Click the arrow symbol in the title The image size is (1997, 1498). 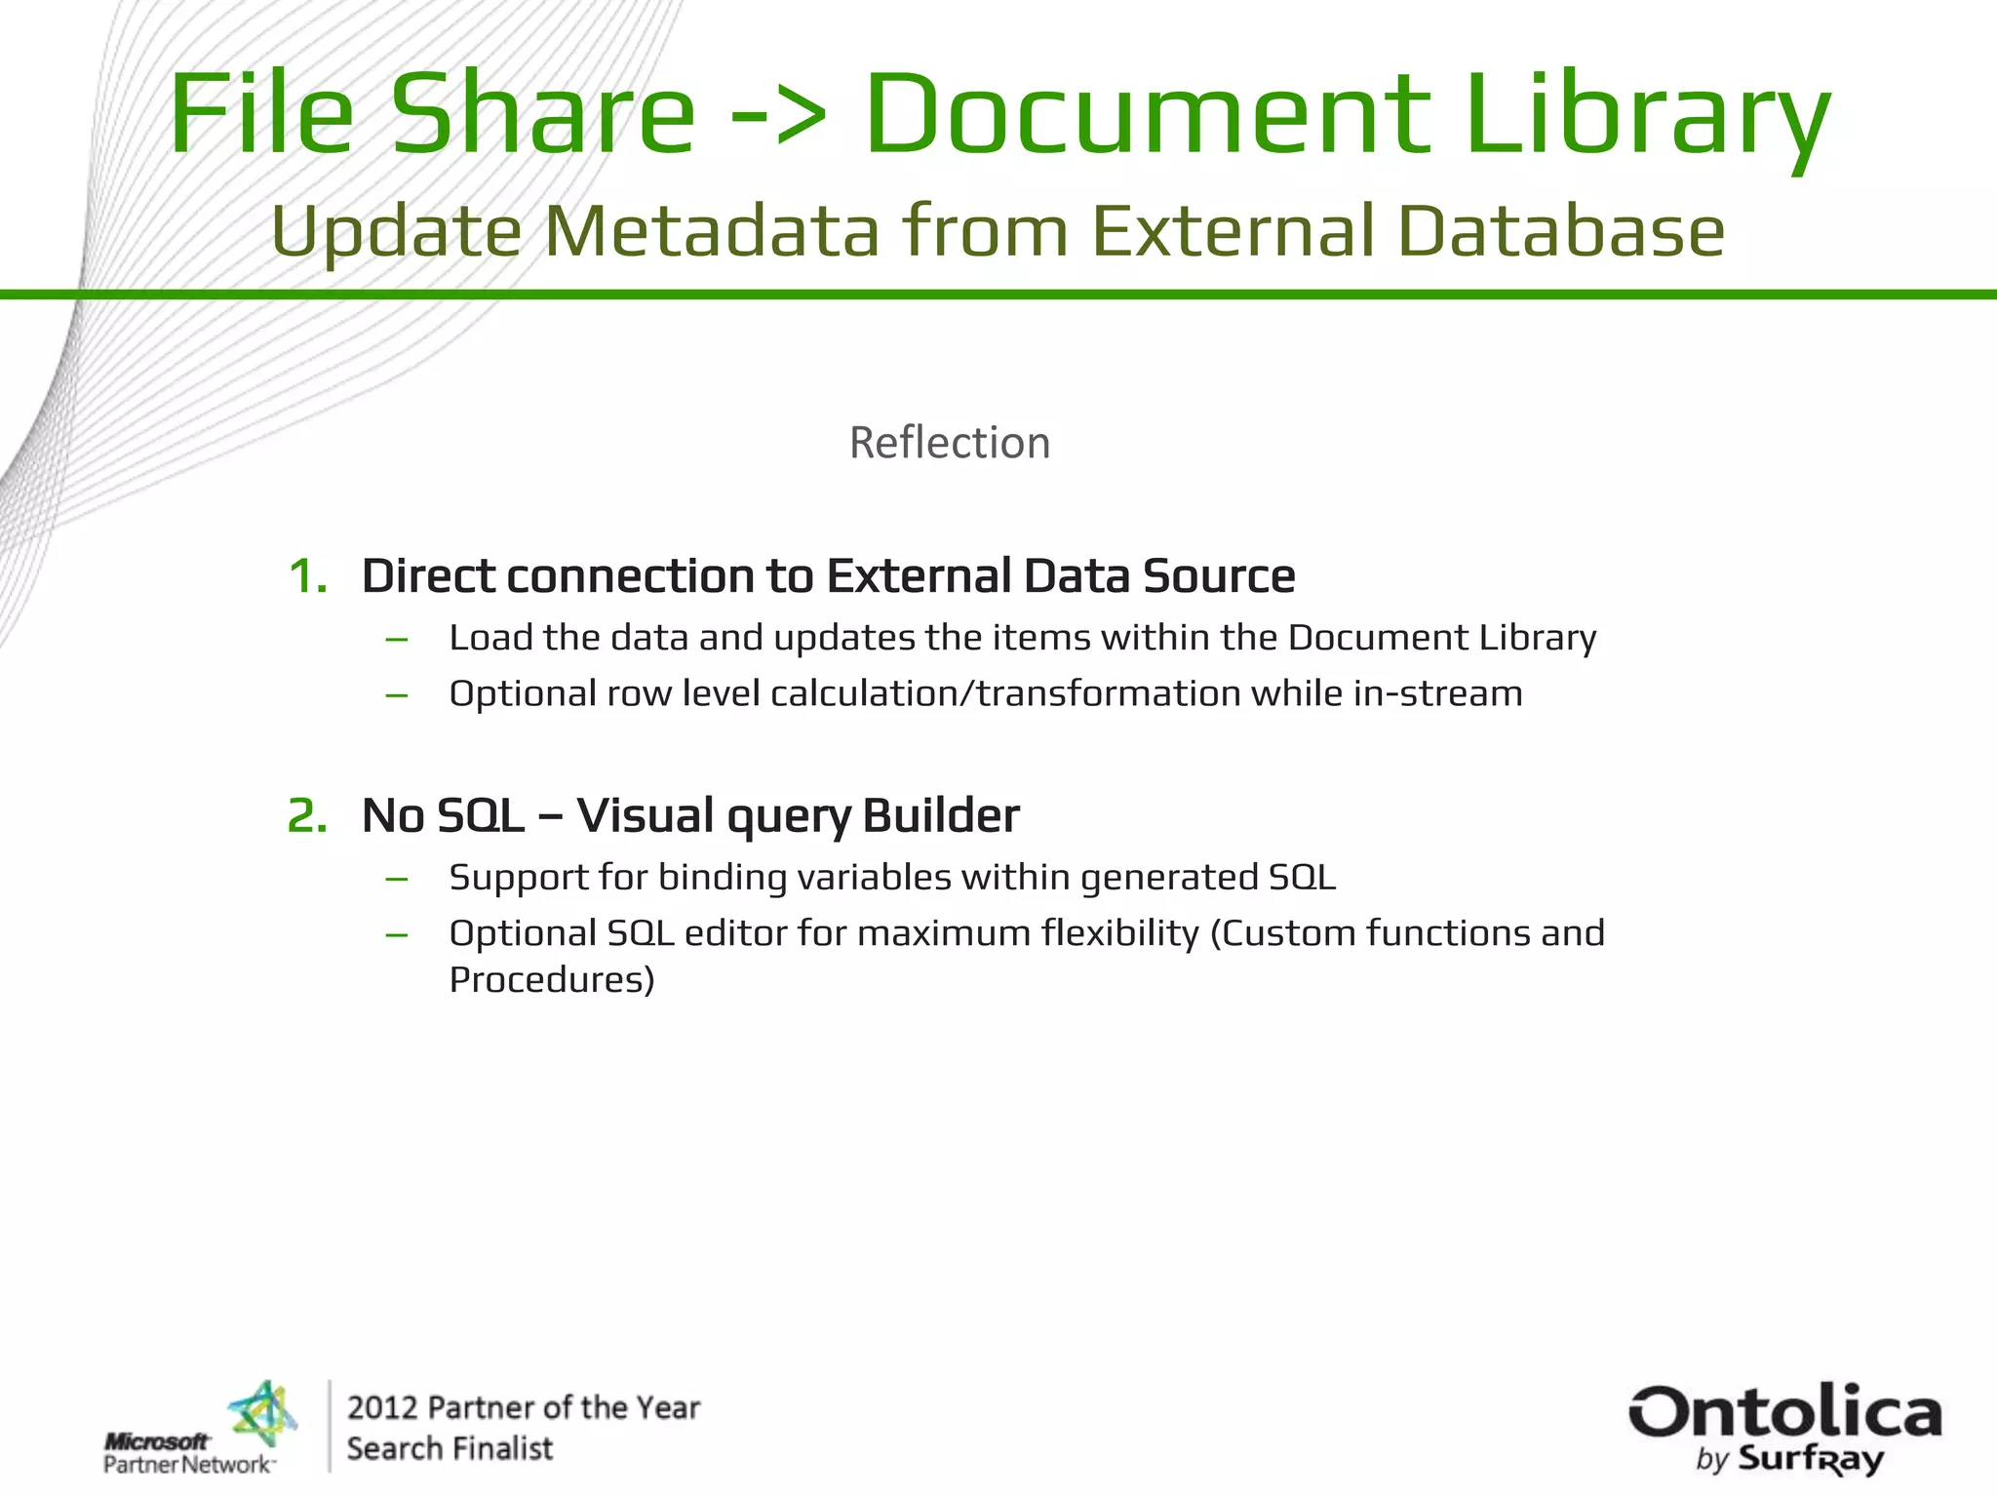point(778,115)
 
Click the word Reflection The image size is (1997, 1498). point(950,443)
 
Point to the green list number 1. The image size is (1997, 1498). point(306,575)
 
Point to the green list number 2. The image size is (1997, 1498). point(306,815)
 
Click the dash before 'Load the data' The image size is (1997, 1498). point(396,640)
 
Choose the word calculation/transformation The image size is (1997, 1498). point(1004,693)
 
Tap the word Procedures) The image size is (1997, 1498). point(552,979)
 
